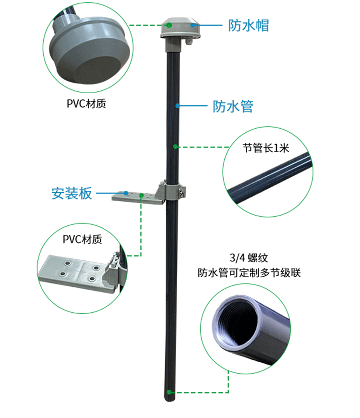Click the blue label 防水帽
(248, 25)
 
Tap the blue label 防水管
(232, 106)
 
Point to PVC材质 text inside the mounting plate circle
(83, 239)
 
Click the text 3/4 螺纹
(245, 257)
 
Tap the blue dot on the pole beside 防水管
(177, 106)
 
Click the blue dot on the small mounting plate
(126, 193)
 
